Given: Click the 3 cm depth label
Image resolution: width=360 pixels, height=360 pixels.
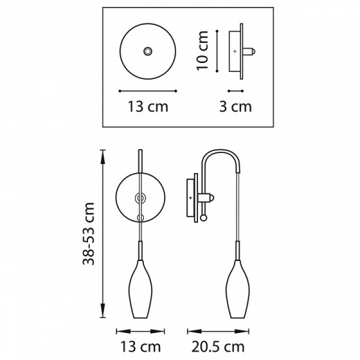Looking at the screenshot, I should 235,107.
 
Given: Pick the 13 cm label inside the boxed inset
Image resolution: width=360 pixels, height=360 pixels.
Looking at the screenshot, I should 147,107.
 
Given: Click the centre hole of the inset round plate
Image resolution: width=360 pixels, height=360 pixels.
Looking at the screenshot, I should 147,51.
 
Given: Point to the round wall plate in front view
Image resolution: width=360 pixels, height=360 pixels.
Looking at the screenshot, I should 127,197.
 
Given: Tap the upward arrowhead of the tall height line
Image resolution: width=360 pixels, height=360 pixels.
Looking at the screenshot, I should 104,154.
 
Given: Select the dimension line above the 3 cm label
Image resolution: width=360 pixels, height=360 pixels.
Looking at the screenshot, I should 235,90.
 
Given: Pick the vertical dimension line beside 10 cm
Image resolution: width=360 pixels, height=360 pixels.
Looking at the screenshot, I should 219,49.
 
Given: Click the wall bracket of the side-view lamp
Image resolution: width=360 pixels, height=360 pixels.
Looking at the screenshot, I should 193,197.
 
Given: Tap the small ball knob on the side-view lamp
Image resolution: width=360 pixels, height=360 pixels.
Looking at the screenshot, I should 204,219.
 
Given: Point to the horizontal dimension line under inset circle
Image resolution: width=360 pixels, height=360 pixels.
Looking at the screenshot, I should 147,90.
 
